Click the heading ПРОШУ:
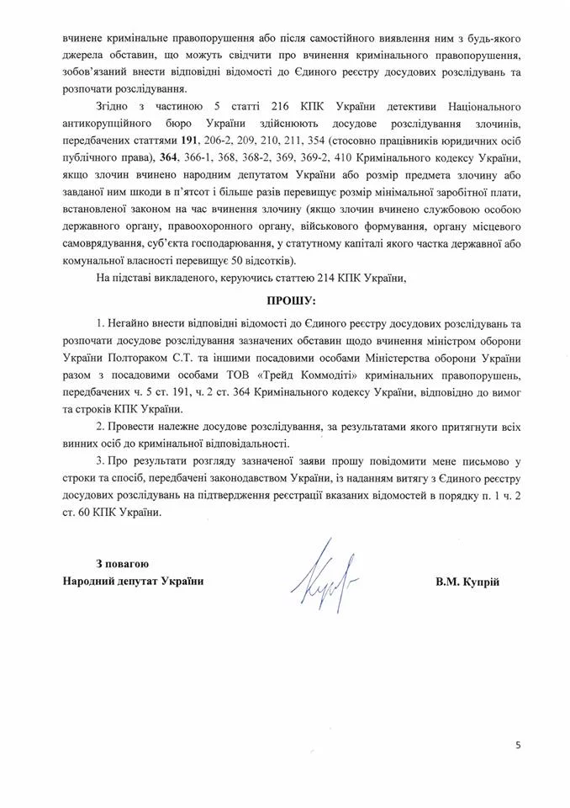point(284,300)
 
